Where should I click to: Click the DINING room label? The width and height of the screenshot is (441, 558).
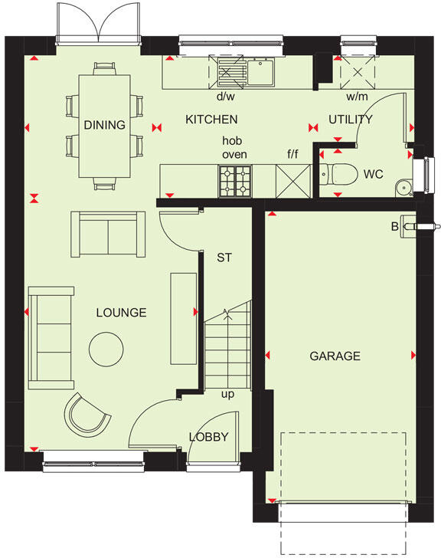pos(105,125)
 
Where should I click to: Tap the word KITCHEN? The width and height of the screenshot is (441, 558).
pos(211,120)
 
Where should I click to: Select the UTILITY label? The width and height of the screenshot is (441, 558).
pos(350,120)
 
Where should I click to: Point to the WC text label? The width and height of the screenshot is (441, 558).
pos(373,174)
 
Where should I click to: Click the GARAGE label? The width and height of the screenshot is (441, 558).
pos(335,356)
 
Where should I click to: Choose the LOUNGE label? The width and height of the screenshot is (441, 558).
pos(121,313)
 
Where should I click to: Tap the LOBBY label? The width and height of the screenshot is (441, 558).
pos(209,437)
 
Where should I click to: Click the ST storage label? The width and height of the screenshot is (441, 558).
pos(224,258)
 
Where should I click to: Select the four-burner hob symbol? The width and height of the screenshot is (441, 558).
pos(236,180)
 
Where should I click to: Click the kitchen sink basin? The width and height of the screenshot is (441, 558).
pos(261,73)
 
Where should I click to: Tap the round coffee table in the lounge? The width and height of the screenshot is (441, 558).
pos(106,350)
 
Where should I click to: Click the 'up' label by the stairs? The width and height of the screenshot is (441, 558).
pos(227,395)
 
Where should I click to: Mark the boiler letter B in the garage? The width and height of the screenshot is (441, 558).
pos(395,227)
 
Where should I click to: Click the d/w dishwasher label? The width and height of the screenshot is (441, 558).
pos(225,97)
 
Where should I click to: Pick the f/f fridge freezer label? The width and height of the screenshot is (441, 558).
pos(292,155)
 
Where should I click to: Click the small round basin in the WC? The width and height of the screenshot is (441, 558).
pos(403,187)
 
